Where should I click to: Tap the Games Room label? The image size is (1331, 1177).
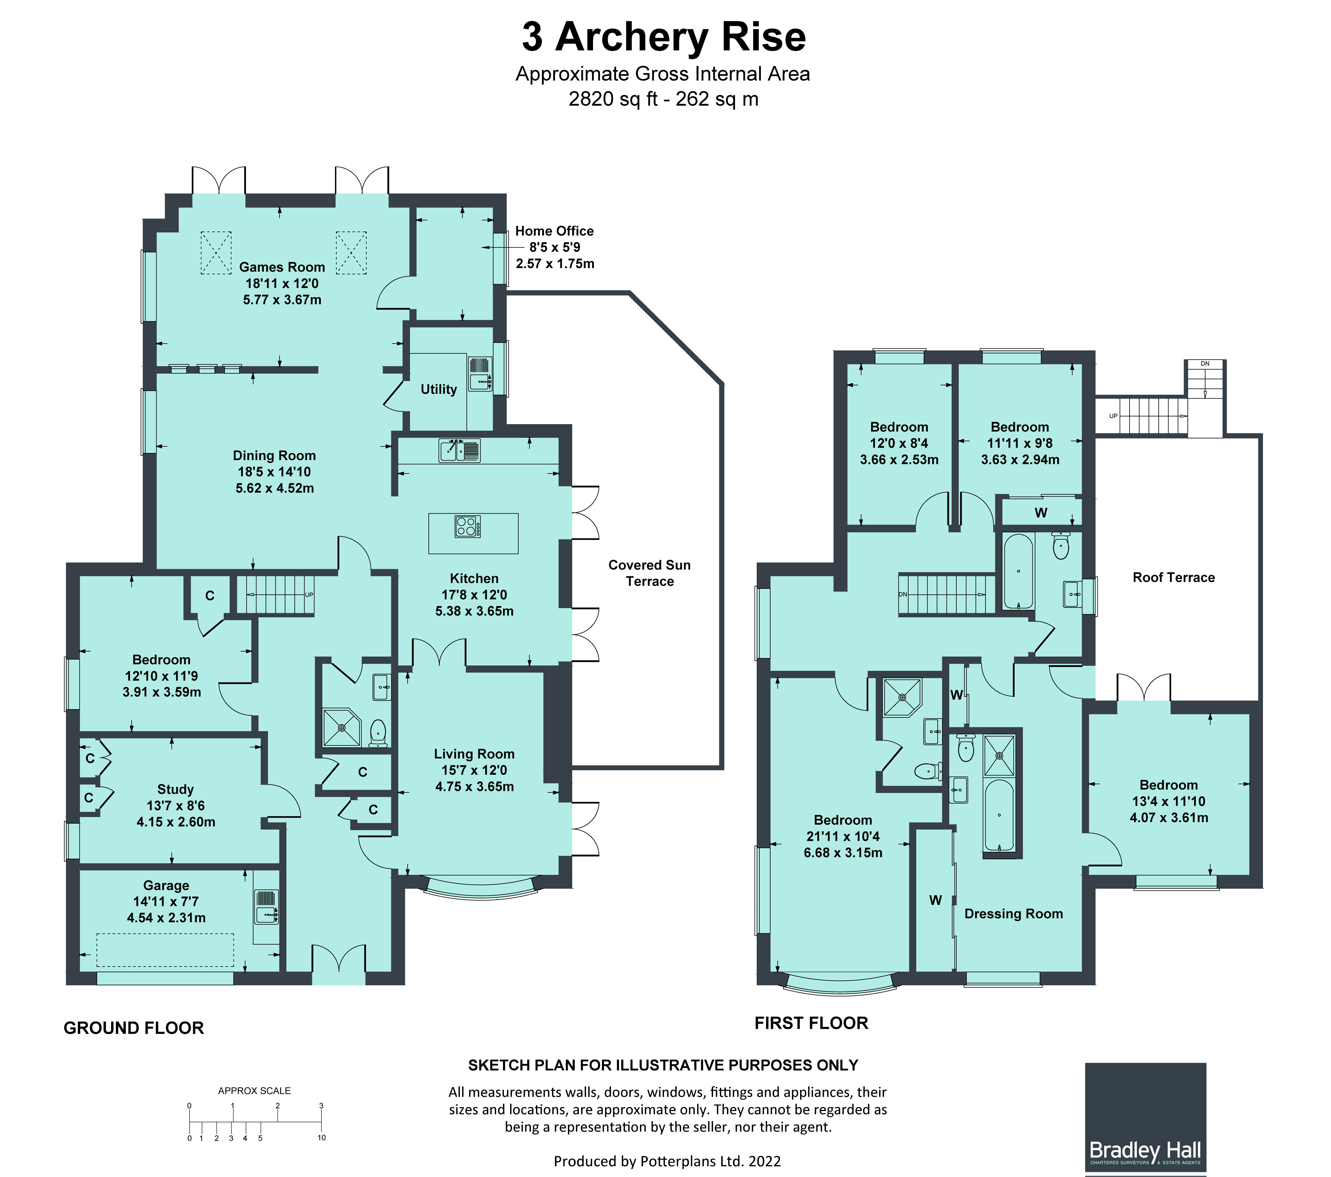(x=282, y=267)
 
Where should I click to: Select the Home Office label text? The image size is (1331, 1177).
(x=554, y=231)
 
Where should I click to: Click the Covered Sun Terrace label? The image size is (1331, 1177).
(x=649, y=573)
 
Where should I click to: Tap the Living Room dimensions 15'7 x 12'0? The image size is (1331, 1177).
(x=474, y=770)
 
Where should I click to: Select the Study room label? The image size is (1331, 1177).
(x=175, y=789)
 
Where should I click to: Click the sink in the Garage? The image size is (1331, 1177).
(x=266, y=907)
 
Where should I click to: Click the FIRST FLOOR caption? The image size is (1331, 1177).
(x=811, y=1023)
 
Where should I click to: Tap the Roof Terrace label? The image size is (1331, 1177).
(x=1174, y=578)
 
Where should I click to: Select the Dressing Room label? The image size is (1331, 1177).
(x=1013, y=914)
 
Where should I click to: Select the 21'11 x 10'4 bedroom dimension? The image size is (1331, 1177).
(x=843, y=836)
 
